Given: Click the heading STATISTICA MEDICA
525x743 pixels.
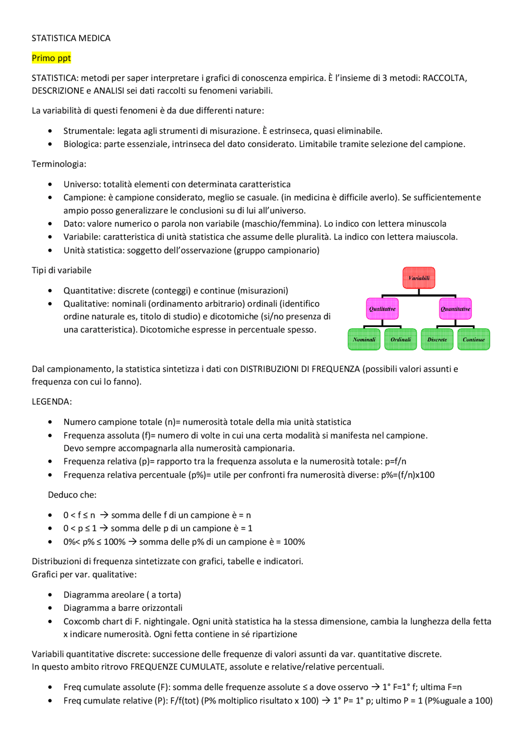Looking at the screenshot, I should [x=71, y=38].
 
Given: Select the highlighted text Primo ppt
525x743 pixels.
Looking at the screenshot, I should [x=51, y=58].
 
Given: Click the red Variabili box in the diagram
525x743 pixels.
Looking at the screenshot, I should [x=419, y=278].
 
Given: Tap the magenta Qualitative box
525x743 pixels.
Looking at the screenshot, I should [x=382, y=309].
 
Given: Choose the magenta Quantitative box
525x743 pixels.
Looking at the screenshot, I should [x=455, y=309].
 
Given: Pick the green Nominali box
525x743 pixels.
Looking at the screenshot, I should [x=364, y=339].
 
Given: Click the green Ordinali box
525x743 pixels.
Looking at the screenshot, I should [x=401, y=339].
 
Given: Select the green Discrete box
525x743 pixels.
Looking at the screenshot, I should [x=437, y=339].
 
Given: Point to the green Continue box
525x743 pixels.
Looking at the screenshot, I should [x=474, y=339].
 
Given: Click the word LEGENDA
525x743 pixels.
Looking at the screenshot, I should [x=52, y=402].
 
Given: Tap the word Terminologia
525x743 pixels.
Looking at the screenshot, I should [x=59, y=164].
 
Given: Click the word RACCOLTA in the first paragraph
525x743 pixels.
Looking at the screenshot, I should [x=444, y=78].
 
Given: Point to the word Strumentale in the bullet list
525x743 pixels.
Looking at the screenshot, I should [x=89, y=131].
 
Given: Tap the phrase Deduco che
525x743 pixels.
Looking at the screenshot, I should [x=72, y=495].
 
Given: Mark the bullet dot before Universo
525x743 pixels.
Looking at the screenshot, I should [x=50, y=185].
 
